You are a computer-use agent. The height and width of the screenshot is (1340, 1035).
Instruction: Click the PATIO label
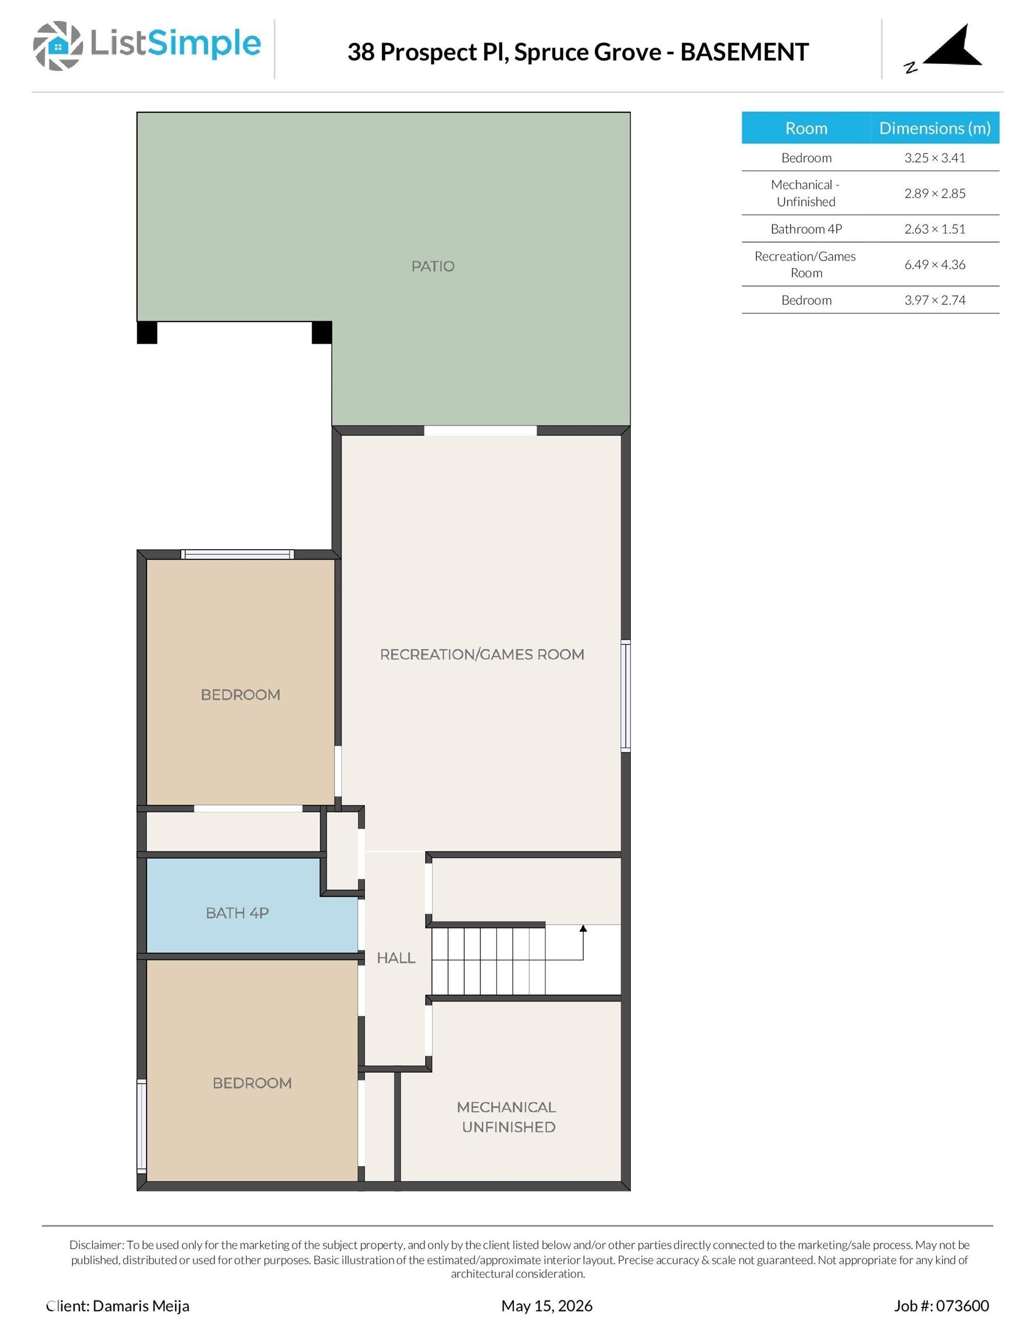433,266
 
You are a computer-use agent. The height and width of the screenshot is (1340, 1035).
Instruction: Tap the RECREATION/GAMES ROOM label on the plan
481,654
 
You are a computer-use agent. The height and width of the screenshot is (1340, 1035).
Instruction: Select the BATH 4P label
237,913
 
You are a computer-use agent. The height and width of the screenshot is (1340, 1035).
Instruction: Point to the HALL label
396,958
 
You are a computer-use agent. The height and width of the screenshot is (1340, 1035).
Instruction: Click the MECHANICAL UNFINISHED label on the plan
508,1117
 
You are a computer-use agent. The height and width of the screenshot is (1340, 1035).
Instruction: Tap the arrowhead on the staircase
583,928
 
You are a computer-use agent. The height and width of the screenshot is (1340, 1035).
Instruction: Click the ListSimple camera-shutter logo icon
58,45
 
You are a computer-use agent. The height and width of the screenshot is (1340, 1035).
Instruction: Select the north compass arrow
953,46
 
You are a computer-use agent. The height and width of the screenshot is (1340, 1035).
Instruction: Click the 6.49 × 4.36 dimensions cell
934,265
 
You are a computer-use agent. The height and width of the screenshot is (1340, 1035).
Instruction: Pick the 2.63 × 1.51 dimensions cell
934,229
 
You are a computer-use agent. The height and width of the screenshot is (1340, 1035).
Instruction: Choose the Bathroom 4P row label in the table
806,229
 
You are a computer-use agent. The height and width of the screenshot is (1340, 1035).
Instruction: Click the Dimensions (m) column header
934,127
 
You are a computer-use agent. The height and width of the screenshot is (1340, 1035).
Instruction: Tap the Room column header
806,127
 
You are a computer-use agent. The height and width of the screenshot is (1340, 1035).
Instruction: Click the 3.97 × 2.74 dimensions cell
934,300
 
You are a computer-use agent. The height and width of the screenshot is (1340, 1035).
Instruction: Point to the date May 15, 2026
547,1306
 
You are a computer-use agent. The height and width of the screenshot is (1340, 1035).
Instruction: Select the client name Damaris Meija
141,1306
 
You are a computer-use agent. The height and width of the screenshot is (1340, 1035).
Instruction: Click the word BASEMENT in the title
744,52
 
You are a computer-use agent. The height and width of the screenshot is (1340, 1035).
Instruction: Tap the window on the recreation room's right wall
625,696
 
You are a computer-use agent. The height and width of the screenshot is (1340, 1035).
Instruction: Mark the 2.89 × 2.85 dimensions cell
934,193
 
